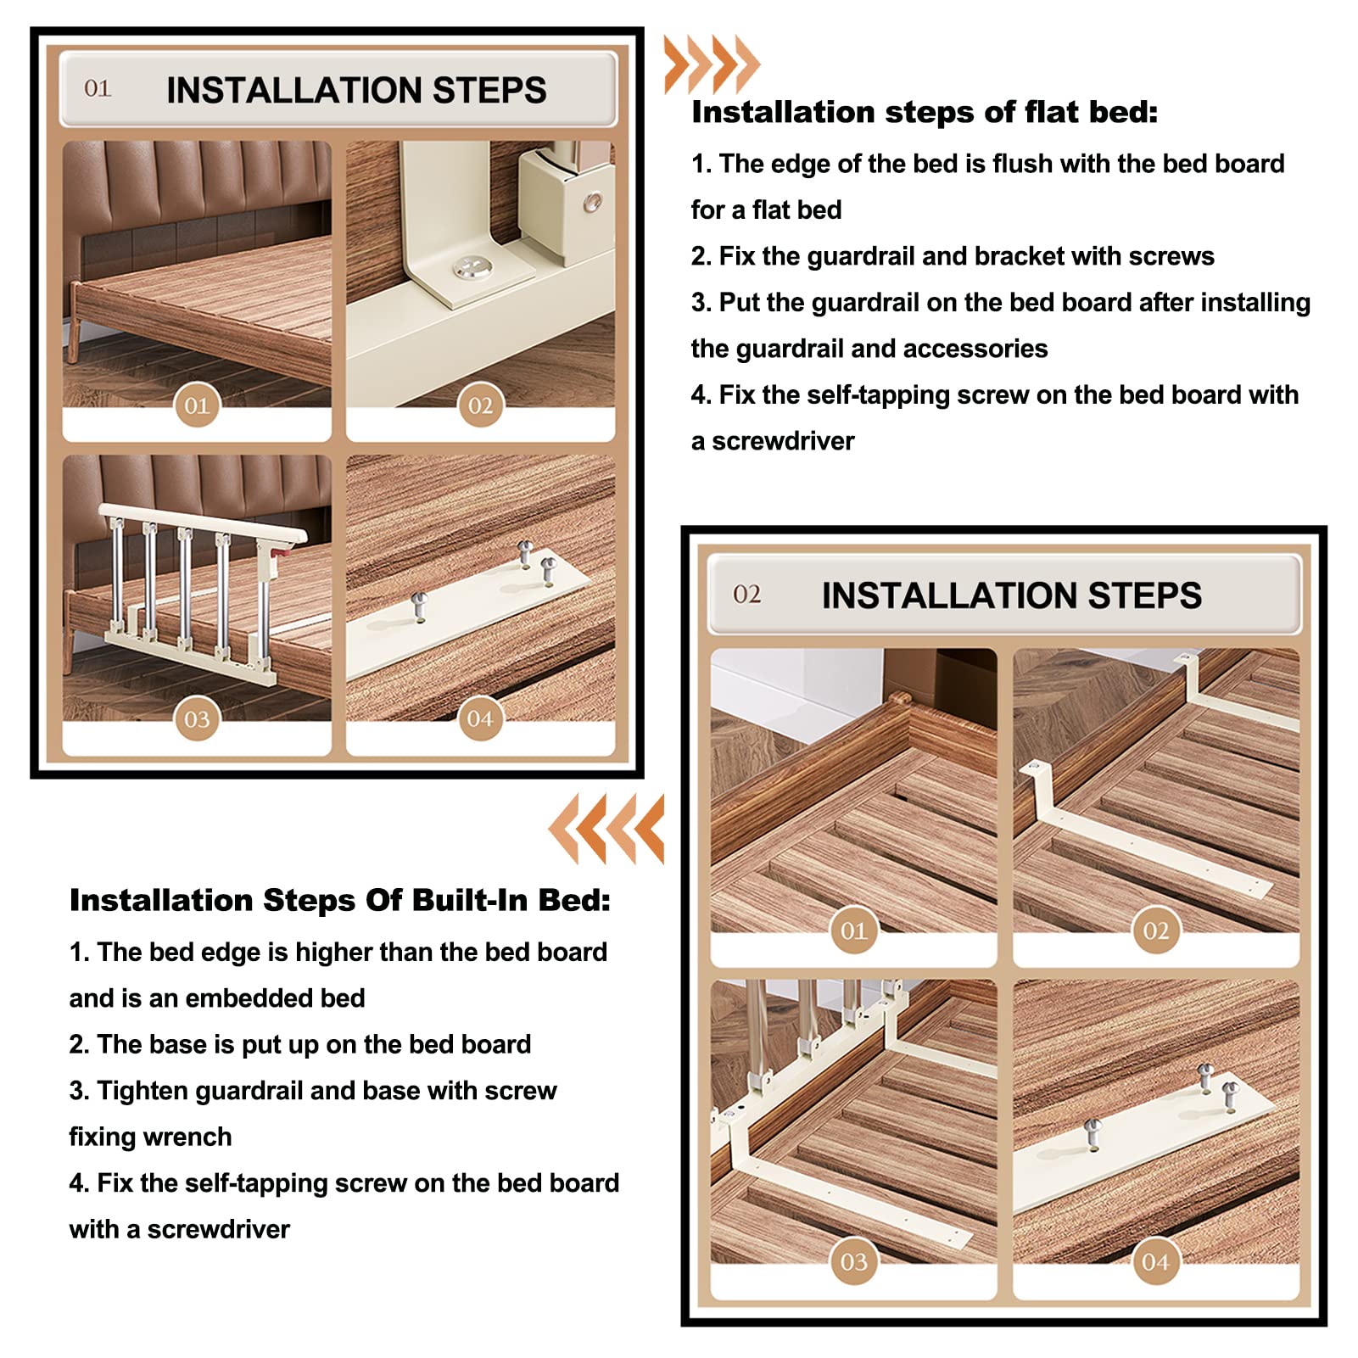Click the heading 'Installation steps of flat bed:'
coord(925,112)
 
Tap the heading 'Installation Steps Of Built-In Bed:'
coord(340,900)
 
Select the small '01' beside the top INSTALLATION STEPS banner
coord(98,88)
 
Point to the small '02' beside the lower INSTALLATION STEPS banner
coord(747,594)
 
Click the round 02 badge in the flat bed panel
coord(480,405)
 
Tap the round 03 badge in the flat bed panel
coord(197,719)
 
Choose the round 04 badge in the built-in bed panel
coord(1155,1261)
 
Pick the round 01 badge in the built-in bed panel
coord(853,930)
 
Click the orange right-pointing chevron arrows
coord(712,64)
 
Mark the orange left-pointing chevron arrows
coord(606,829)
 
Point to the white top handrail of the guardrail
coord(203,524)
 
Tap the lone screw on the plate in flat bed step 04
coord(419,606)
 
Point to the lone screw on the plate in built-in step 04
coord(1093,1133)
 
